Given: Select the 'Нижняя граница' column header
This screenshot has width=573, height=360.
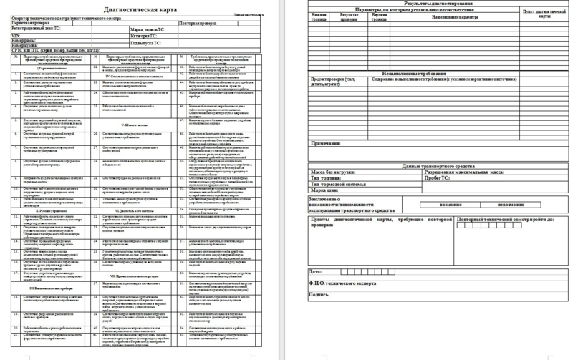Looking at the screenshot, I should pos(319,16).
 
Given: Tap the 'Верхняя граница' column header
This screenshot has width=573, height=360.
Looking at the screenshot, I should pos(384,16).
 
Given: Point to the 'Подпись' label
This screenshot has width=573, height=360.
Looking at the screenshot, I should pos(319,295).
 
